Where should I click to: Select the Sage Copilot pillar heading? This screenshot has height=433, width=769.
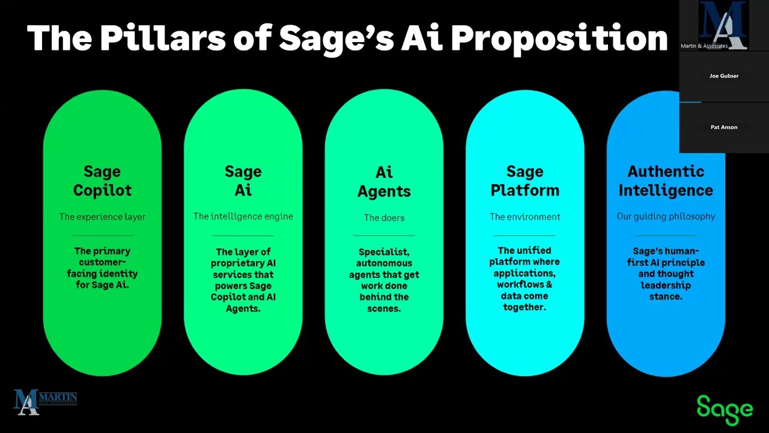click(102, 181)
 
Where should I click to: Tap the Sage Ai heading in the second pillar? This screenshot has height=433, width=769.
click(243, 181)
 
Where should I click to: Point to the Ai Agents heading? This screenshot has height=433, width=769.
click(384, 182)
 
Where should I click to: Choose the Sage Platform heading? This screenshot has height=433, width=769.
click(524, 181)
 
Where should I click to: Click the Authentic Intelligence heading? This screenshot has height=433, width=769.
click(666, 181)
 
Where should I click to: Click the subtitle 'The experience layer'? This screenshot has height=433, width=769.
click(102, 216)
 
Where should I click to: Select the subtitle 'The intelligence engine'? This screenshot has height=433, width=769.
click(243, 216)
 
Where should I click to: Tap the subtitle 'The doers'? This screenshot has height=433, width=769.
click(384, 218)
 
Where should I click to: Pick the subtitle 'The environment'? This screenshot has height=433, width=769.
click(524, 216)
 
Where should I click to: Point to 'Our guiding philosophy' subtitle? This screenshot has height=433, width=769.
click(666, 216)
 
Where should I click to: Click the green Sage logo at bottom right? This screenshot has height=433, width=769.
click(725, 410)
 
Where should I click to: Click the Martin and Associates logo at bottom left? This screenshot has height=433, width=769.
click(45, 401)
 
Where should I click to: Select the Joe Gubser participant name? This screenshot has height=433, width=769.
click(724, 76)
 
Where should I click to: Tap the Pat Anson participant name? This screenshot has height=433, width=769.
click(724, 127)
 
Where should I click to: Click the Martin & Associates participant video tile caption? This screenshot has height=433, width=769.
click(704, 46)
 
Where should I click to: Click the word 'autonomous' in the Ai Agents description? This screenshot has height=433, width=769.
click(384, 263)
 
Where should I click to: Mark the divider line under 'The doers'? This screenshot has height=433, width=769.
click(384, 235)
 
